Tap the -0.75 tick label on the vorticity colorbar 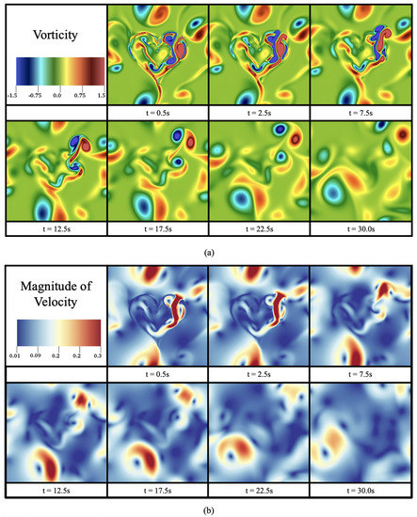[35, 96]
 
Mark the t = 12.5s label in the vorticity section [54, 227]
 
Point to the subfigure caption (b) [207, 509]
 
